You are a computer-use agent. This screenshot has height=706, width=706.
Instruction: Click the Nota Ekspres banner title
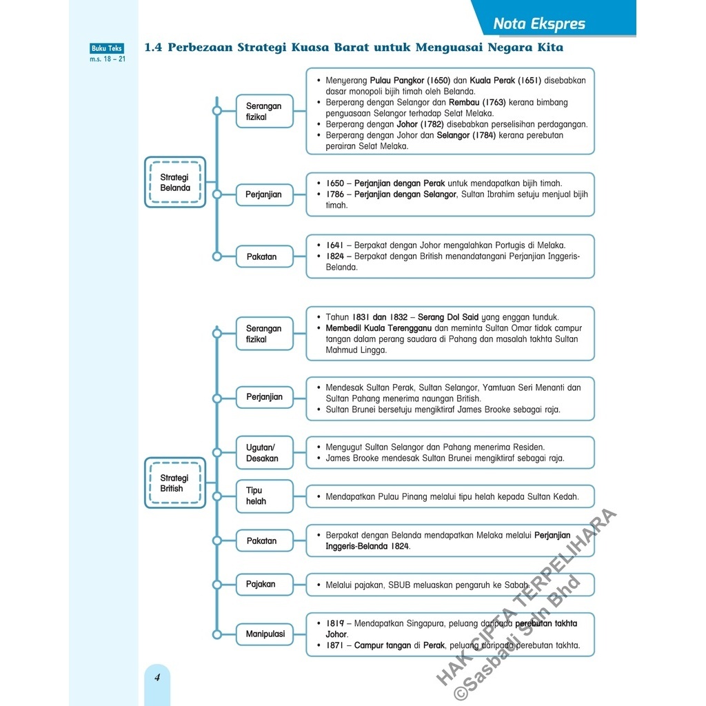click(x=539, y=24)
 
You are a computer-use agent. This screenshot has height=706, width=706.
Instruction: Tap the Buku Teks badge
click(x=107, y=48)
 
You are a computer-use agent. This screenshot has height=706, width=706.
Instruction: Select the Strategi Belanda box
click(x=175, y=182)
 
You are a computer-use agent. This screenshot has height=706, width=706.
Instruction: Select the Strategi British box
click(x=174, y=483)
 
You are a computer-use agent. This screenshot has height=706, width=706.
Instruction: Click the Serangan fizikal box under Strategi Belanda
click(x=264, y=112)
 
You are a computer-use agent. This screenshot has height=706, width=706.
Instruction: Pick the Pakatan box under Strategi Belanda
click(x=262, y=256)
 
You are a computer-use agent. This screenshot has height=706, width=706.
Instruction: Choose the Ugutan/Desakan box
click(x=263, y=453)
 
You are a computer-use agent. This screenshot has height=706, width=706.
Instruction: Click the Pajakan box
click(x=261, y=584)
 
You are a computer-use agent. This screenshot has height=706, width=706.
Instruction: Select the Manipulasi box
click(x=265, y=634)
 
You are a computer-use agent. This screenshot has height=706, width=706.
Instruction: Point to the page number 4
click(x=157, y=677)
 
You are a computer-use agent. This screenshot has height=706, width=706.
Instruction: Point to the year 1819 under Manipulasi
click(x=335, y=623)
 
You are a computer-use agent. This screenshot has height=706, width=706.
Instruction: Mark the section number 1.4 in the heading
click(x=152, y=48)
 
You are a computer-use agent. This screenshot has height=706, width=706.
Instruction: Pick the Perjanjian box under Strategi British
click(x=264, y=397)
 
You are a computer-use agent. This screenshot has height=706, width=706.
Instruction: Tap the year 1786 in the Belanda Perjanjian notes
click(x=335, y=194)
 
